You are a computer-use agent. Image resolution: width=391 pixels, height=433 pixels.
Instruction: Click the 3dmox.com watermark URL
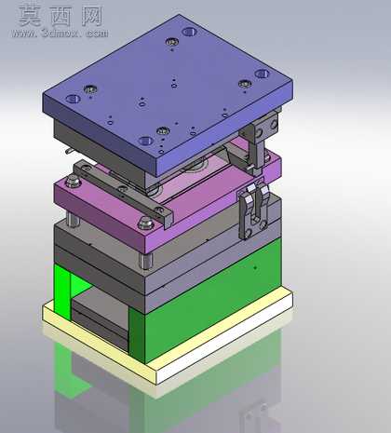[60, 33]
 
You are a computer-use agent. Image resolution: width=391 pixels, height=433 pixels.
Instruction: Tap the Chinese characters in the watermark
[61, 16]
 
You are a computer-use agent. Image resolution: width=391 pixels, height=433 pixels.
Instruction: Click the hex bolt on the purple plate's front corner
[145, 223]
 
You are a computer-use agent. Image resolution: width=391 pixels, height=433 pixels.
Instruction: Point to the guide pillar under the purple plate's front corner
[145, 261]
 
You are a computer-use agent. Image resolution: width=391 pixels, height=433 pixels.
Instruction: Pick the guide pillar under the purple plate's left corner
[74, 220]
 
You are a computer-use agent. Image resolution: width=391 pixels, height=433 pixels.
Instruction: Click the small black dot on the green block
[255, 267]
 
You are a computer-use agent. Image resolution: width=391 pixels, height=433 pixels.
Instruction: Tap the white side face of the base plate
[224, 338]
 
